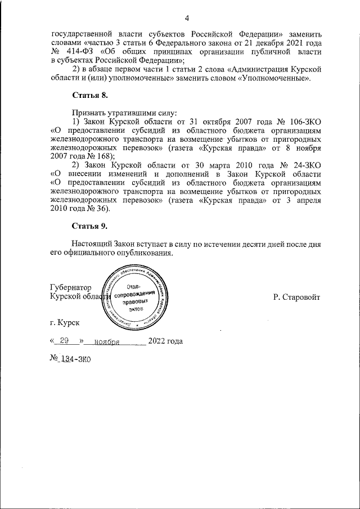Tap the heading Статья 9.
tap(89, 226)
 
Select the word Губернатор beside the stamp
tap(70, 286)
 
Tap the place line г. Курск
tap(65, 323)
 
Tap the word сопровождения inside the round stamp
tap(134, 295)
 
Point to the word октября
tap(213, 121)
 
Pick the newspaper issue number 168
tap(102, 156)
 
